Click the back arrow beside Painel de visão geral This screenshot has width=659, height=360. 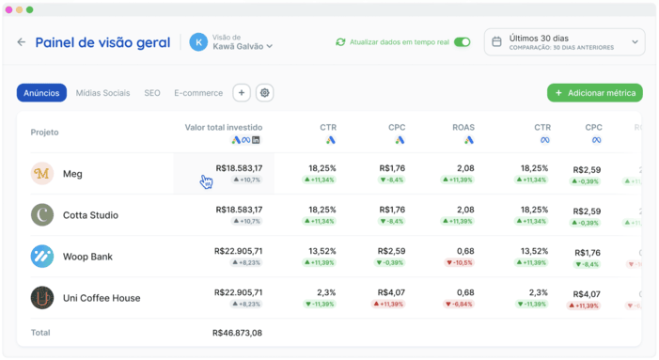22,42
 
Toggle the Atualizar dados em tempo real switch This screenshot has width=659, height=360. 462,42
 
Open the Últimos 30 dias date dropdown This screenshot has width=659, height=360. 565,42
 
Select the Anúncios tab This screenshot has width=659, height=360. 41,93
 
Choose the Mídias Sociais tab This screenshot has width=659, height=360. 102,93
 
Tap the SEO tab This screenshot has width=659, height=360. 152,93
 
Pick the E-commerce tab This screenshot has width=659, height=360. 198,93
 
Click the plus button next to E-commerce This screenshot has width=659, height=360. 242,93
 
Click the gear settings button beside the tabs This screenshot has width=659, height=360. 265,93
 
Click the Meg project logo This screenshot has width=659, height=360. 42,174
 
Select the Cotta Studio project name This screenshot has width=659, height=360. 90,215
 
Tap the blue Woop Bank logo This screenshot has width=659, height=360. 42,257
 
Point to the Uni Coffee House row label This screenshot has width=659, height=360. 102,298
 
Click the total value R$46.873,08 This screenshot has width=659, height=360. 237,333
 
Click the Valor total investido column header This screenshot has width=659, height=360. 224,127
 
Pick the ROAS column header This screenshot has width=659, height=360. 463,127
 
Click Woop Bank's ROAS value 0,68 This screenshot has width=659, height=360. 464,251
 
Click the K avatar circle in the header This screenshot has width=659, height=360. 198,42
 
